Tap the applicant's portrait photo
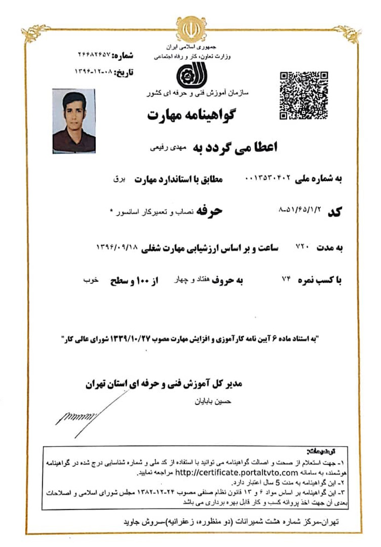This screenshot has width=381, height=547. click(x=74, y=121)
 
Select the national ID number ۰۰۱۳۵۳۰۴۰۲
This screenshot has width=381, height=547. click(x=267, y=179)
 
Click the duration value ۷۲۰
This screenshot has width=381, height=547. click(x=302, y=247)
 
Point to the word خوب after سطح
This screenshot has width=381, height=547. click(x=91, y=280)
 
